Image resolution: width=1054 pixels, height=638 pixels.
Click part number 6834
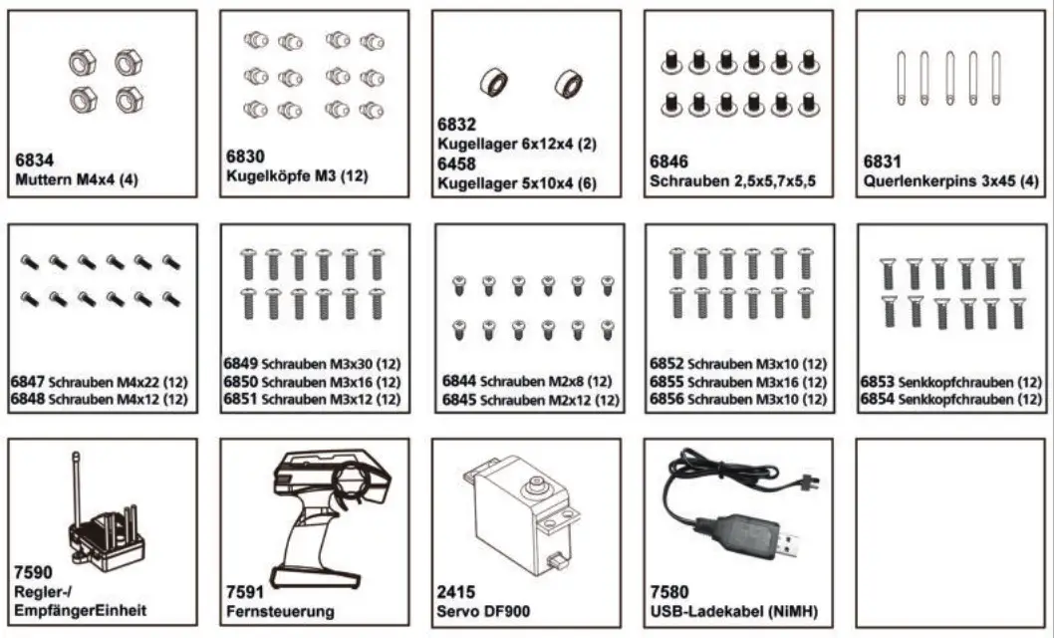[36, 159]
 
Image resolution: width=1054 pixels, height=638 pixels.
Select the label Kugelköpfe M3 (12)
[298, 175]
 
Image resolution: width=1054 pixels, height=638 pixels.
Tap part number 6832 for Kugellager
[458, 125]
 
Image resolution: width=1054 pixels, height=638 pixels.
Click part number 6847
[27, 382]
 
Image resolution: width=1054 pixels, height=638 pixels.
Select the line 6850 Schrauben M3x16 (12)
[312, 382]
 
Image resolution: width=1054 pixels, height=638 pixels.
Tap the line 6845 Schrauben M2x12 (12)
[526, 400]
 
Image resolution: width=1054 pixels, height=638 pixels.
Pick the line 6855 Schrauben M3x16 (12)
[738, 382]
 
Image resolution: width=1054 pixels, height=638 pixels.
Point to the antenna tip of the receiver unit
[76, 456]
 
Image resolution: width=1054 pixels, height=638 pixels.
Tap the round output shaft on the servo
[533, 485]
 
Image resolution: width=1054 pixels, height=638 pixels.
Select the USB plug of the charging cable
[789, 544]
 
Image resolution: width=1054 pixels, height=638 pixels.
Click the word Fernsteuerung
[281, 611]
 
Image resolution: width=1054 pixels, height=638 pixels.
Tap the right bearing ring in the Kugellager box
[567, 81]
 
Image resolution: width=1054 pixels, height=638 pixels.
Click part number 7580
[670, 592]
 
